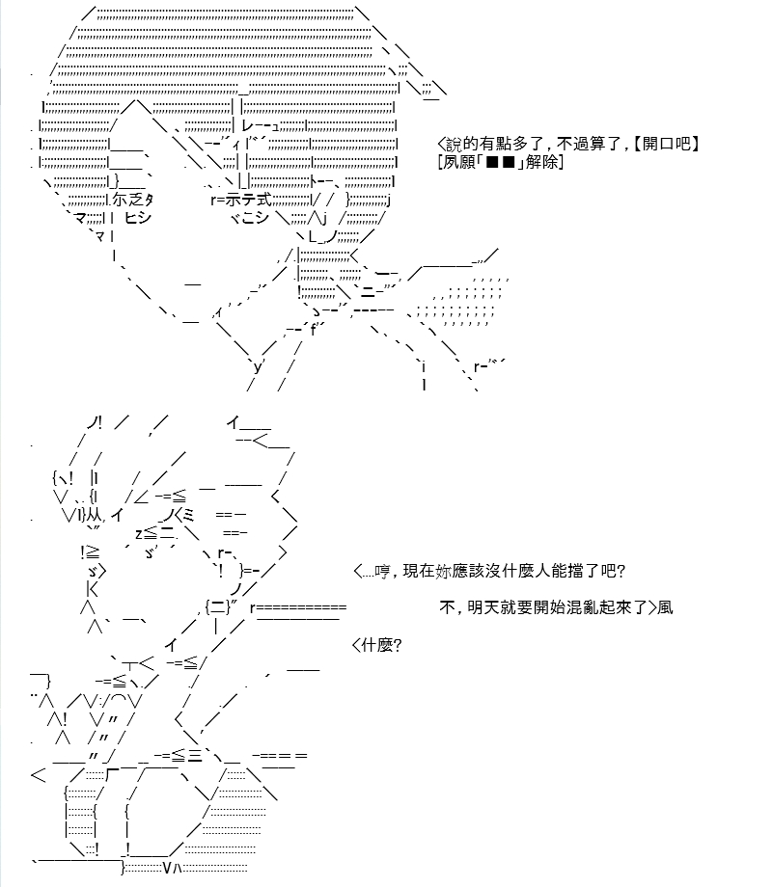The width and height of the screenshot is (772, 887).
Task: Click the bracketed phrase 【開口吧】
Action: [666, 144]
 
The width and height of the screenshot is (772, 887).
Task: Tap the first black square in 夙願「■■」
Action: [492, 163]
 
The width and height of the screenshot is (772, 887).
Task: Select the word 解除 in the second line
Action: [542, 162]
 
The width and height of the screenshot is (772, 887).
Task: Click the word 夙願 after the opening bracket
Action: [458, 162]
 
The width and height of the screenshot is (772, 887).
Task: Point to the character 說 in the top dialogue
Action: [455, 144]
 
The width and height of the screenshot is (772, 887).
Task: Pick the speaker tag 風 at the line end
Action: [665, 607]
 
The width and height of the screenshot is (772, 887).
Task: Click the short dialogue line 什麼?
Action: [381, 645]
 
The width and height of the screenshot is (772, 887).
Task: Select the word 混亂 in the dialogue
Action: [582, 607]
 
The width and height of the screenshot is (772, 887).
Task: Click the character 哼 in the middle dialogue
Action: [382, 571]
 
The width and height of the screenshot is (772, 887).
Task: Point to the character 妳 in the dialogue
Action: [444, 571]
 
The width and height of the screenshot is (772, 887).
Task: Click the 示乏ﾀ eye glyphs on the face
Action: [132, 200]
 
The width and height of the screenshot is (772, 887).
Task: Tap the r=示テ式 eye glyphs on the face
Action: [240, 200]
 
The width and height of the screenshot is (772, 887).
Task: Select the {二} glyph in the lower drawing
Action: [217, 607]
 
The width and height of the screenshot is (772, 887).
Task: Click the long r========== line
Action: [298, 608]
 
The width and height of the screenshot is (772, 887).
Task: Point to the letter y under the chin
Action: [259, 367]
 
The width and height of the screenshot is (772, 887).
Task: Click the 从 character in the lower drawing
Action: [94, 514]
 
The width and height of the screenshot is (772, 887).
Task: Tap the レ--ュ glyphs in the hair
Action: [260, 125]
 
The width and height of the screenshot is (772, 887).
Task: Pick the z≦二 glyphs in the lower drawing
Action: [155, 533]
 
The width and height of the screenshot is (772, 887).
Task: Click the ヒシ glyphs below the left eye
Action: [138, 218]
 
